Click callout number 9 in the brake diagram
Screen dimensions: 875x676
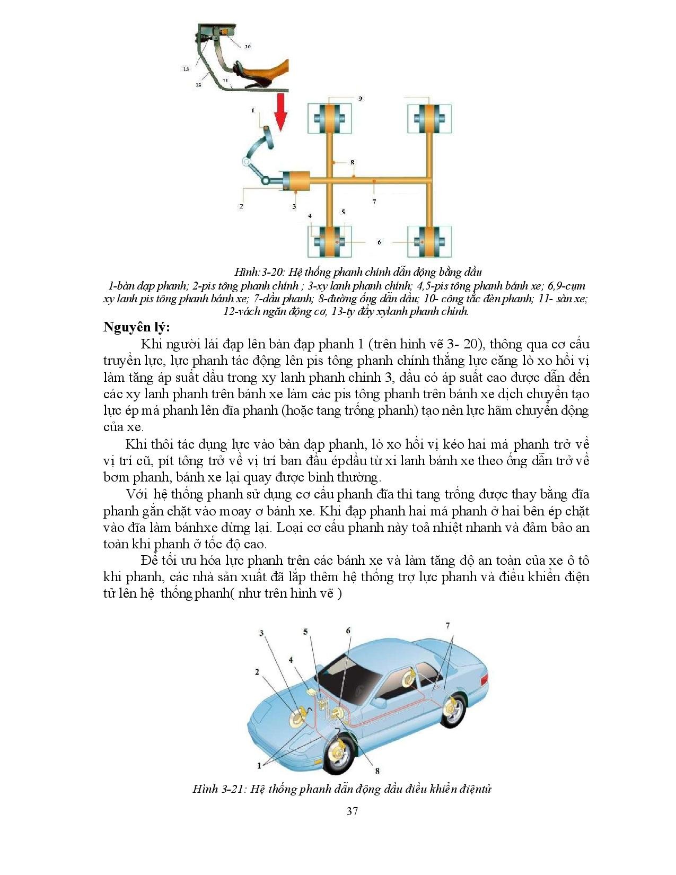pyautogui.click(x=361, y=99)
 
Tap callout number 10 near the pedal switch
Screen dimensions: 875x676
pyautogui.click(x=248, y=46)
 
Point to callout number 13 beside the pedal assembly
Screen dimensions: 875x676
pyautogui.click(x=186, y=69)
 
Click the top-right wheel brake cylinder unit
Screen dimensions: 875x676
pyautogui.click(x=429, y=119)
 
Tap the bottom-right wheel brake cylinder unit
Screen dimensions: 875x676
pyautogui.click(x=429, y=242)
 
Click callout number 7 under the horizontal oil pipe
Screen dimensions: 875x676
pyautogui.click(x=374, y=202)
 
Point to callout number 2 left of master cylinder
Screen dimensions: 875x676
pyautogui.click(x=241, y=206)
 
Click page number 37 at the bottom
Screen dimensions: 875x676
pyautogui.click(x=352, y=811)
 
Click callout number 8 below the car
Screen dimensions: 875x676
pyautogui.click(x=377, y=771)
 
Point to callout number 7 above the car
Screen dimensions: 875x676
pyautogui.click(x=448, y=626)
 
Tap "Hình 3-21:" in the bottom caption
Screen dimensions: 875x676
pyautogui.click(x=218, y=789)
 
